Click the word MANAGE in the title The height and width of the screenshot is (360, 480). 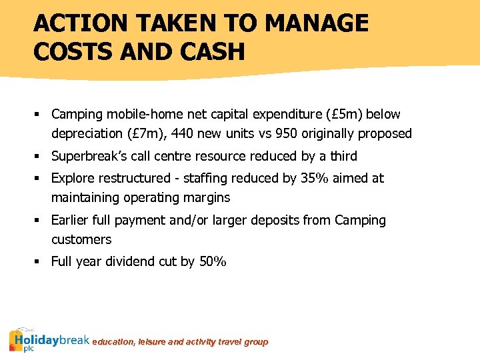(x=317, y=23)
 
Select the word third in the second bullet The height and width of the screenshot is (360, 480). (x=343, y=157)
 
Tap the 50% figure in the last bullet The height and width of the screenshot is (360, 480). (x=213, y=262)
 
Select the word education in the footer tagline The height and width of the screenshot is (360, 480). (x=113, y=342)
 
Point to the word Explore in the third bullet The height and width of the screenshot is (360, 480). (x=74, y=179)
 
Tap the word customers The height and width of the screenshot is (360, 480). (x=81, y=239)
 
